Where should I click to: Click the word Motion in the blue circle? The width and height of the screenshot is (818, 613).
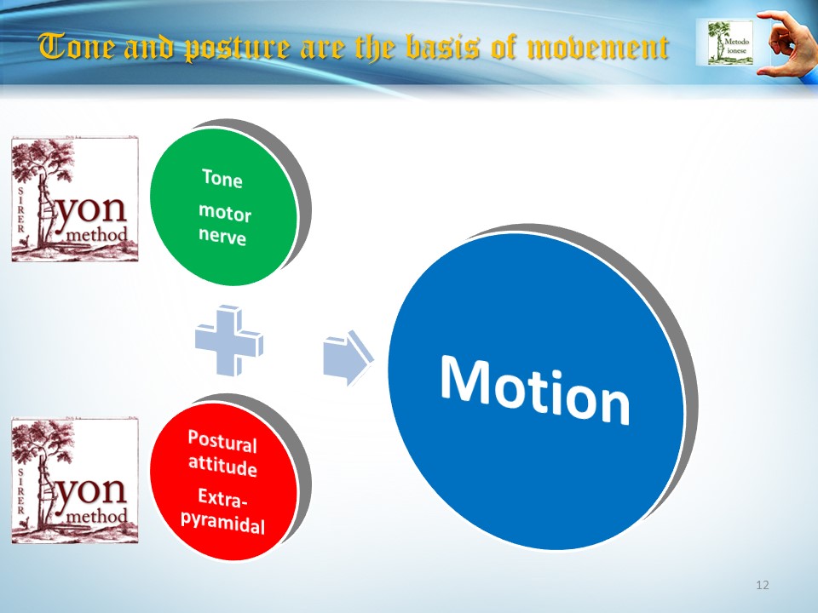[535, 389]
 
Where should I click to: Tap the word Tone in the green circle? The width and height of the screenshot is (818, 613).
[222, 178]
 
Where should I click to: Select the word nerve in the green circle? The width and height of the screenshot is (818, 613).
[222, 236]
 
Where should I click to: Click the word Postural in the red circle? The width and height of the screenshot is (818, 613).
[222, 442]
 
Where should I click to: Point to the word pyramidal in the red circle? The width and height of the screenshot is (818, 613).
[222, 521]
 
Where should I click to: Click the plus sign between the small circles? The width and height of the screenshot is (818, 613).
[229, 341]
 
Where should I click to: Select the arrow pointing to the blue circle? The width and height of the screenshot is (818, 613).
[348, 358]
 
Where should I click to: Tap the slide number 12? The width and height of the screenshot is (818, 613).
[762, 585]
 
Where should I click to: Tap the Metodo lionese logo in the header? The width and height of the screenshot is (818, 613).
[731, 43]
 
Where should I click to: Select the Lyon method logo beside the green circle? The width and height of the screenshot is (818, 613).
[75, 199]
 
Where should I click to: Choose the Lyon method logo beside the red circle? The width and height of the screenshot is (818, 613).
[75, 480]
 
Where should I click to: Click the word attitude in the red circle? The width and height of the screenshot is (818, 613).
[222, 465]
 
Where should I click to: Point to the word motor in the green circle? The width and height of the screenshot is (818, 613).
[225, 213]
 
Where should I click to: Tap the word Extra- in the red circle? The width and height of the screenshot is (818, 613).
[222, 498]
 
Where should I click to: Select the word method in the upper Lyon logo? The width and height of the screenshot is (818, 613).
[97, 235]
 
